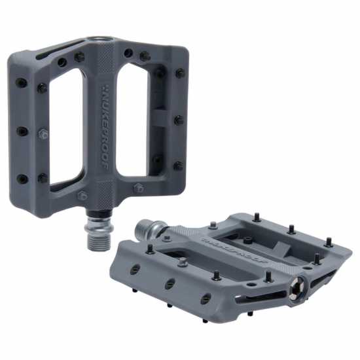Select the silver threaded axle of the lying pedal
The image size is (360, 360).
[x=147, y=230]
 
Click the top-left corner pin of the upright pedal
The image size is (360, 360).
[x=21, y=82]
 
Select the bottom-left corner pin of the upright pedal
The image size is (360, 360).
[x=22, y=178]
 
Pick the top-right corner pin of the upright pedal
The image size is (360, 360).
[x=180, y=73]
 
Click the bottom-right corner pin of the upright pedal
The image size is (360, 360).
[x=177, y=166]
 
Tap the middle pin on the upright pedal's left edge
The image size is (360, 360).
[x=22, y=131]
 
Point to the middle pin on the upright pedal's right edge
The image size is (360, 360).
[x=178, y=120]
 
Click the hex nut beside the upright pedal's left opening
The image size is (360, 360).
[x=43, y=134]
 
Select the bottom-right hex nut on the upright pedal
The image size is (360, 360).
[x=138, y=188]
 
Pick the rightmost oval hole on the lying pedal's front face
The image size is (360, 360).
[x=206, y=298]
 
